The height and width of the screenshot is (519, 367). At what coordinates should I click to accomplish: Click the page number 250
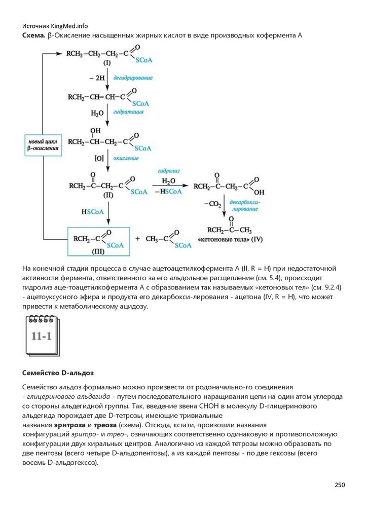point(339,485)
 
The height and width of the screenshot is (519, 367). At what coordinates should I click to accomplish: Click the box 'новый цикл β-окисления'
point(44,144)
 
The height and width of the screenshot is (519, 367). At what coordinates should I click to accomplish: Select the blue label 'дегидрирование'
point(133,78)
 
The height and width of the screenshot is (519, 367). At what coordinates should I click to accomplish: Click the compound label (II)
point(107,195)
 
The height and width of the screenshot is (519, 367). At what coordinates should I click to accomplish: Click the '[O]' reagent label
point(99,158)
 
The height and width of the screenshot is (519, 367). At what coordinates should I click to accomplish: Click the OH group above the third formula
point(95,131)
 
